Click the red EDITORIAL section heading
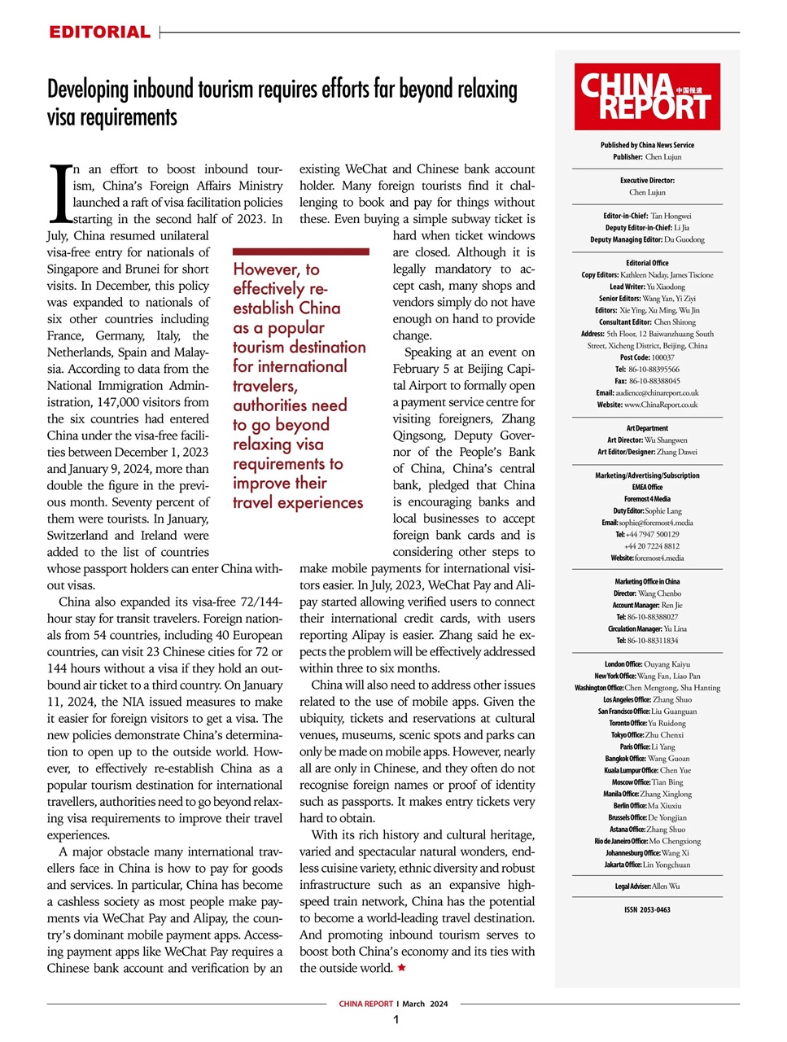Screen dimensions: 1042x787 tap(99, 33)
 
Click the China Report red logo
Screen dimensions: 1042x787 tap(647, 97)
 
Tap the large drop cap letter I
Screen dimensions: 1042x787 tap(60, 194)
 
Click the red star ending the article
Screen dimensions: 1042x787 tap(401, 968)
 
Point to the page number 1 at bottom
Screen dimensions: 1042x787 tap(396, 1020)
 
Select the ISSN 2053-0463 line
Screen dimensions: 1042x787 tap(647, 910)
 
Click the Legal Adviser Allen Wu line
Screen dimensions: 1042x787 tap(647, 886)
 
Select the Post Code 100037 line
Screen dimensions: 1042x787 tap(647, 357)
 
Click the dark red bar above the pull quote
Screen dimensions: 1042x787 tap(300, 252)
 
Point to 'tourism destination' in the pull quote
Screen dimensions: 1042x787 tap(299, 348)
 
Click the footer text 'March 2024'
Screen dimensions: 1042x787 tap(425, 1004)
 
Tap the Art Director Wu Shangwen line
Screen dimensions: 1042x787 tap(647, 440)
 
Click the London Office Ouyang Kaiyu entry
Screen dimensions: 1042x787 tap(647, 664)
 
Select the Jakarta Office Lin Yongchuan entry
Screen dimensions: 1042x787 tap(647, 865)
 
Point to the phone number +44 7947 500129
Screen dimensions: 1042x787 tap(651, 534)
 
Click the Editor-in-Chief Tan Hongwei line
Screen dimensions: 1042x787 tap(647, 216)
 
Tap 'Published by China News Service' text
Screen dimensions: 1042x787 tap(647, 145)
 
